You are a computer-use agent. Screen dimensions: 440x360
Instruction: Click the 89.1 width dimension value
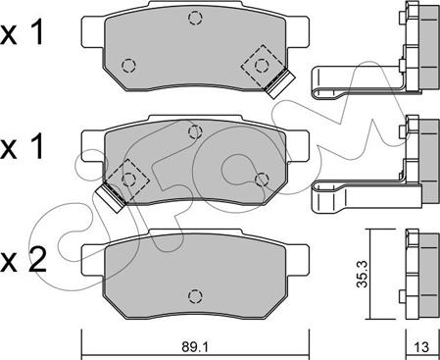[195, 347]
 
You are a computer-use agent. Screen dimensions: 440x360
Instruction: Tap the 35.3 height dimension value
[362, 274]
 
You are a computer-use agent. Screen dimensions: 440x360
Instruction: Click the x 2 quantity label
[24, 261]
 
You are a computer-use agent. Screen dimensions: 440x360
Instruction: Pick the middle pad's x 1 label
[22, 147]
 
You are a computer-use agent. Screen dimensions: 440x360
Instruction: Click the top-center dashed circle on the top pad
[195, 18]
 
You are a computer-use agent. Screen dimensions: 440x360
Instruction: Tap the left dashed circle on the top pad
[128, 66]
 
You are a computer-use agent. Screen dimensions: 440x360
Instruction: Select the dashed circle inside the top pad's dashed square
[262, 66]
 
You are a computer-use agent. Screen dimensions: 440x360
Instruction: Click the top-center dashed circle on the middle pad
[195, 131]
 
